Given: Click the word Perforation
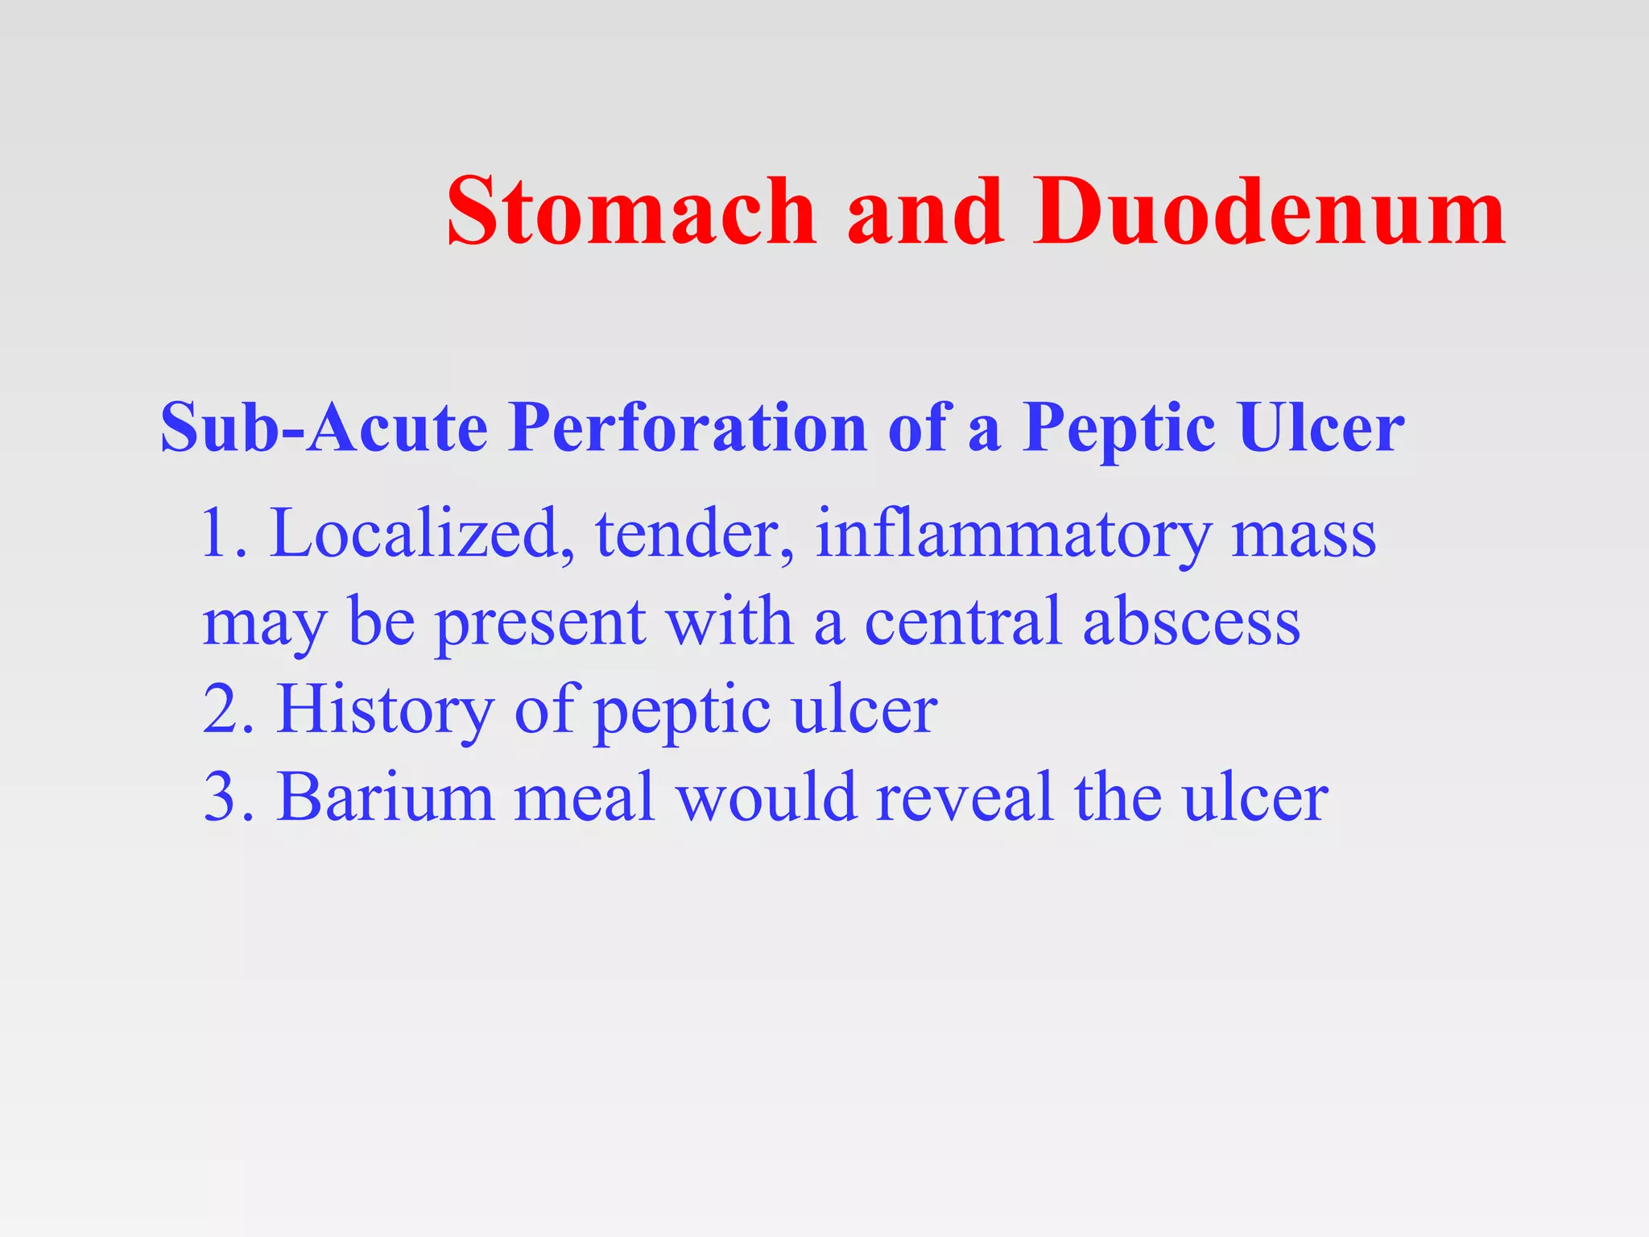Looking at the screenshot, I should (688, 427).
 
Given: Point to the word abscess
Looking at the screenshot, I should (1192, 621).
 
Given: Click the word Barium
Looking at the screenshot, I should (385, 797).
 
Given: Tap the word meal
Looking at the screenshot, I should (584, 797).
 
